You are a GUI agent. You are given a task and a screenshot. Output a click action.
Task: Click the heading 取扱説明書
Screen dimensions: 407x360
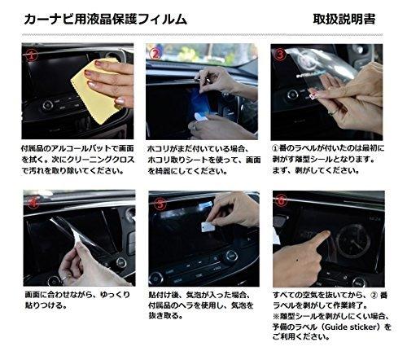click(x=344, y=20)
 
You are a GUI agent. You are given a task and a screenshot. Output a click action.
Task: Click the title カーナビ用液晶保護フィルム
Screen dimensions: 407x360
click(x=106, y=20)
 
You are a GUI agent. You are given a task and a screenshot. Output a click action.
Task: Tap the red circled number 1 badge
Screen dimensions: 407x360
click(x=32, y=55)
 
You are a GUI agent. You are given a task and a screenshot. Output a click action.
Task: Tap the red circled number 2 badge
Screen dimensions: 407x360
click(x=155, y=54)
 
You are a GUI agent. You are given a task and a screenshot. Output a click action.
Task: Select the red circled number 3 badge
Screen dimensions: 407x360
click(x=280, y=55)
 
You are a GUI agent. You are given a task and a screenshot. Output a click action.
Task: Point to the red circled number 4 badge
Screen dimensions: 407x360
click(x=33, y=202)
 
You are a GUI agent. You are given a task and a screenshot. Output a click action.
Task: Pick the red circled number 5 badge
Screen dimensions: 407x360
click(x=160, y=203)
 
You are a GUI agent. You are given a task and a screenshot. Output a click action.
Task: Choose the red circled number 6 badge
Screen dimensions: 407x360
click(x=282, y=201)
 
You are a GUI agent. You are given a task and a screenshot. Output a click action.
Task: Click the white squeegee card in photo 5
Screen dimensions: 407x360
click(x=208, y=227)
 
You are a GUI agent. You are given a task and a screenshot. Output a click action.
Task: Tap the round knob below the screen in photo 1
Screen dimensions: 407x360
click(x=48, y=105)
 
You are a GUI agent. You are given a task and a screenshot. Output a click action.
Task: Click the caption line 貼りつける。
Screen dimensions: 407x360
click(x=46, y=305)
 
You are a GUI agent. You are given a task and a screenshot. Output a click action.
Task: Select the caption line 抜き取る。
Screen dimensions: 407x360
click(x=165, y=316)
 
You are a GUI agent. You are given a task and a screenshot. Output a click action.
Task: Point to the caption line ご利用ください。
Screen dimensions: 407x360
click(x=301, y=337)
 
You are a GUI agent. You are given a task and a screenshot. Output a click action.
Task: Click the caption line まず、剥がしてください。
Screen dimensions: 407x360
click(x=316, y=171)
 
